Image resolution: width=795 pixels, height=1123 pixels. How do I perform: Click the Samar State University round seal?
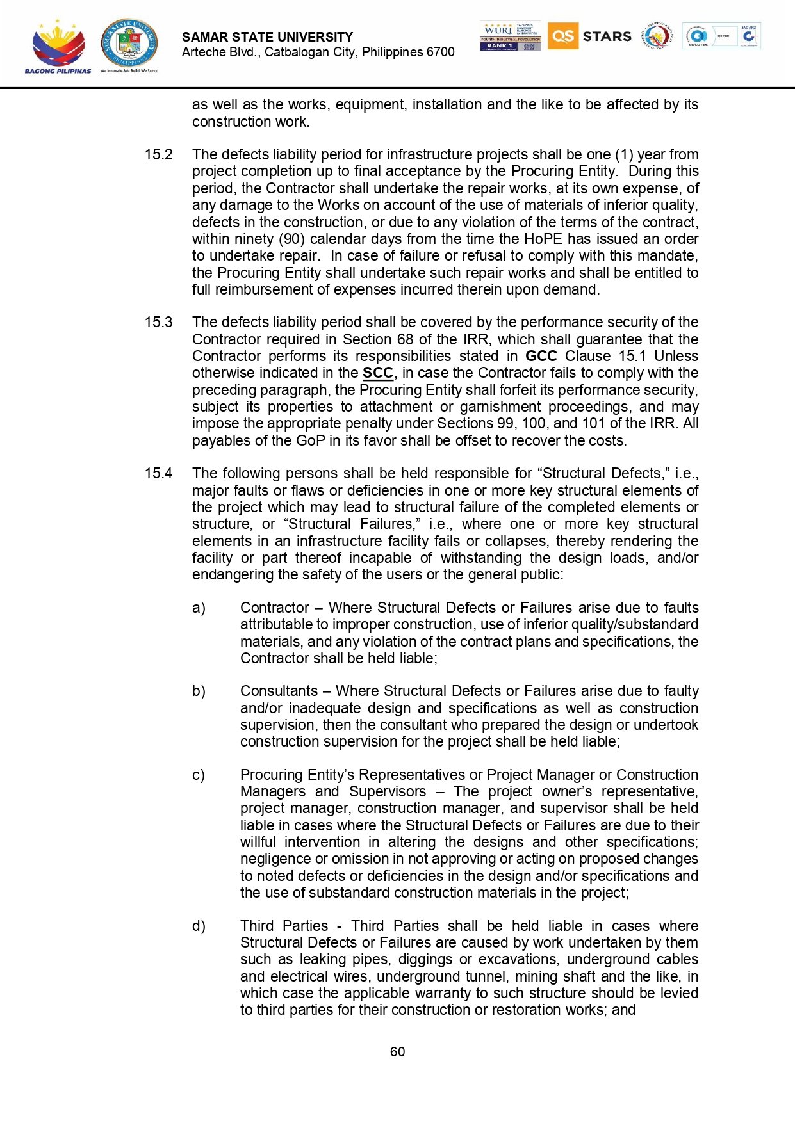tap(129, 44)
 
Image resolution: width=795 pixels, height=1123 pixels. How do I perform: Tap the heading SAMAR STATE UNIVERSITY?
tap(267, 37)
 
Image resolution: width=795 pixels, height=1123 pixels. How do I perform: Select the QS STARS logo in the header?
tap(589, 36)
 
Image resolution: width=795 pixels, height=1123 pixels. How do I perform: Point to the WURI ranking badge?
tap(510, 36)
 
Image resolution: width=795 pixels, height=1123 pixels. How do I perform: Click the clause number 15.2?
tap(158, 154)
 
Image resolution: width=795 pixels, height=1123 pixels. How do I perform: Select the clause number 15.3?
tap(158, 322)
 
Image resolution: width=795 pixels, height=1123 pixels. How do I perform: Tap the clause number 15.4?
tap(158, 473)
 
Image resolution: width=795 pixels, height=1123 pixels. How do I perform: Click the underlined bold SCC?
tap(377, 373)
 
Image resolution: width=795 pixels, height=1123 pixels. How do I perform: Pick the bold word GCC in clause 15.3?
tap(541, 356)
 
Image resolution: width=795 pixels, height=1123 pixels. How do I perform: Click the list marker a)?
tap(199, 608)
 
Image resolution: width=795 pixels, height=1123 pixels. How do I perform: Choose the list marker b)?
tap(199, 691)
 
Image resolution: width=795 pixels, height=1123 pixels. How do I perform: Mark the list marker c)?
tap(199, 775)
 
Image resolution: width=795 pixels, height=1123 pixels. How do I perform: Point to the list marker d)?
tap(199, 926)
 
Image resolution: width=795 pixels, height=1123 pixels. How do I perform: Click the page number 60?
tap(397, 1052)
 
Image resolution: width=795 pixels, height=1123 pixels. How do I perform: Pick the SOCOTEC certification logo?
tap(698, 36)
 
